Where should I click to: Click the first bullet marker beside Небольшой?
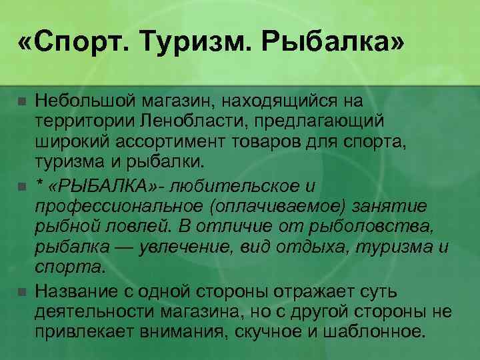[22, 103]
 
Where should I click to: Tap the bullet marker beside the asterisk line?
[22, 186]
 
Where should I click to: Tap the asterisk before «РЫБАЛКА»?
[40, 185]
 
